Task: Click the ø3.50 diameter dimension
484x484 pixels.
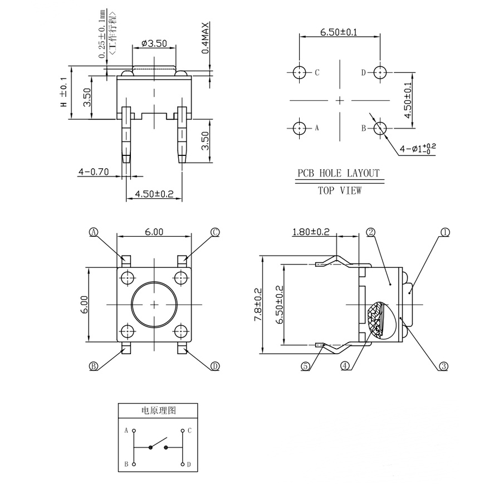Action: point(154,43)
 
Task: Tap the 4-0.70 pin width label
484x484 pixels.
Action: point(93,172)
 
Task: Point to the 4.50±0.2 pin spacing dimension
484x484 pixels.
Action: point(150,194)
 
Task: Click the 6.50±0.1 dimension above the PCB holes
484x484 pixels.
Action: point(338,33)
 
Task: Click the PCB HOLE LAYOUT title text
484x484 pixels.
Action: point(338,173)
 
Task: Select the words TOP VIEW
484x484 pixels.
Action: point(339,190)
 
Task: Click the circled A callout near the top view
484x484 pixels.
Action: point(94,232)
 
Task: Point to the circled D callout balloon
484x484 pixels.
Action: point(215,366)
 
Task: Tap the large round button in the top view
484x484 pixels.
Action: point(154,304)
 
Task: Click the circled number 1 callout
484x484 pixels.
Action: point(444,232)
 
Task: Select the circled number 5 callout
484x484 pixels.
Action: point(305,366)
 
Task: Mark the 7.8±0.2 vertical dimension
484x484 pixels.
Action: point(257,304)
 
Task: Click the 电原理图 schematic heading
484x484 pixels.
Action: point(158,410)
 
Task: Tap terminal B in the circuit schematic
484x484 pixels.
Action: point(133,463)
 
